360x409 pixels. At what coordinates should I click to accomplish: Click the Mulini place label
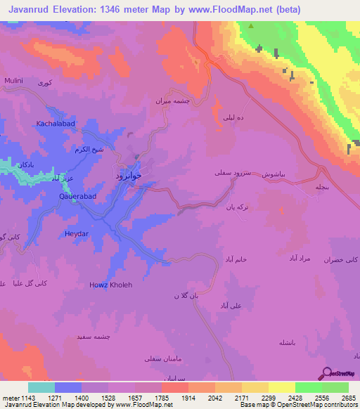14,82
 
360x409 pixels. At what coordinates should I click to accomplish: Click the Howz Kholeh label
110,285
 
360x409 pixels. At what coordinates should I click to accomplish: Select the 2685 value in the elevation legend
349,397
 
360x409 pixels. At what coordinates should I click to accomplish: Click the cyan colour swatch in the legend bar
41,387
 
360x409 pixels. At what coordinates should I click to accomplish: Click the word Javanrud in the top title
29,10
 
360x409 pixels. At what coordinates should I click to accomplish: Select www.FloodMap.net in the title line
236,10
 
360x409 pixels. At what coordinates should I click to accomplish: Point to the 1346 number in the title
124,10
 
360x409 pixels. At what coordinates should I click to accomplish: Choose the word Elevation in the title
79,10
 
